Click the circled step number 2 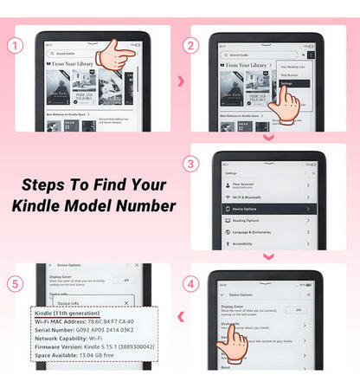(190, 44)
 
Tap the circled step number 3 (190, 165)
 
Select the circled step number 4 (190, 282)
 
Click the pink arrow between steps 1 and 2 (179, 81)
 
